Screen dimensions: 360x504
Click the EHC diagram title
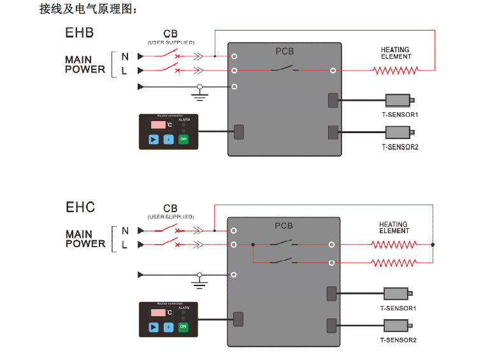click(80, 207)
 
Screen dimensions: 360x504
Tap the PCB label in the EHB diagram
click(284, 51)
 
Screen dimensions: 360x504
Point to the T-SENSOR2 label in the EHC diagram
click(398, 340)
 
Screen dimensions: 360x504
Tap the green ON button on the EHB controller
click(184, 139)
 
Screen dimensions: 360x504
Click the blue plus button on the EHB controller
click(168, 139)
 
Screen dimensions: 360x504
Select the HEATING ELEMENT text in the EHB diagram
click(396, 53)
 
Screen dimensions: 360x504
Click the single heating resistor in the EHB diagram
click(394, 71)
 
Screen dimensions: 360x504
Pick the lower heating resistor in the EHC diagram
click(394, 263)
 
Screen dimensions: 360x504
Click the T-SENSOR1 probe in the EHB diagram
click(400, 101)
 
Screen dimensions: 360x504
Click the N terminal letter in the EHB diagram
click(125, 57)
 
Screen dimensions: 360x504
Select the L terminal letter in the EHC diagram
click(125, 245)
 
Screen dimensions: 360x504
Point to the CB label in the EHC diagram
click(170, 208)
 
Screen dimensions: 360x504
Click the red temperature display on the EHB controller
click(157, 124)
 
